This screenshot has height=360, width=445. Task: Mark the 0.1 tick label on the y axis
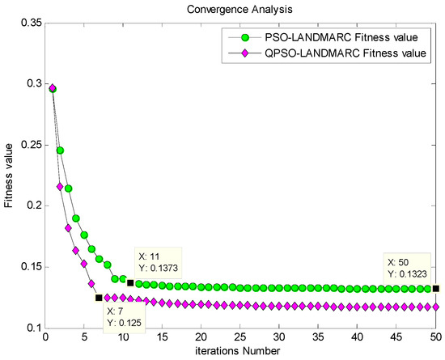(31, 328)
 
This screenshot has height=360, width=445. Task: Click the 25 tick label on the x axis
(239, 337)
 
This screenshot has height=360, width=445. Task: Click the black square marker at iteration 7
(99, 298)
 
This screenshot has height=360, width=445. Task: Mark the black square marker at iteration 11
(130, 282)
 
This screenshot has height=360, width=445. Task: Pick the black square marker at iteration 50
(436, 288)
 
